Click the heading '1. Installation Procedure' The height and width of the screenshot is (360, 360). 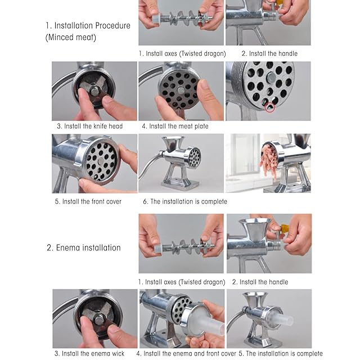click(88, 25)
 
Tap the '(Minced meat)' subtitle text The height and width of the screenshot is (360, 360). click(71, 38)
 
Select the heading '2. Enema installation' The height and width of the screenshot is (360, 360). click(84, 247)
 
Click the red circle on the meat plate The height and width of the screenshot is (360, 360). click(270, 107)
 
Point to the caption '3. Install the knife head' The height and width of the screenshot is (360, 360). click(90, 126)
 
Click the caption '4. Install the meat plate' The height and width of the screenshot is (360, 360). click(175, 126)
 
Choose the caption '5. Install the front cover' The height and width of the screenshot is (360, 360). click(88, 201)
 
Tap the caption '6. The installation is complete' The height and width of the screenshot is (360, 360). click(185, 201)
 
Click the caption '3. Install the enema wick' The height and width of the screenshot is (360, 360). click(89, 353)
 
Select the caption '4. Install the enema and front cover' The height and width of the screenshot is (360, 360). click(186, 353)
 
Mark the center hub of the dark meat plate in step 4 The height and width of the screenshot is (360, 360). click(181, 90)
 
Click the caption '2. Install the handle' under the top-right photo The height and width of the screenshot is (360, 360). click(269, 53)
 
